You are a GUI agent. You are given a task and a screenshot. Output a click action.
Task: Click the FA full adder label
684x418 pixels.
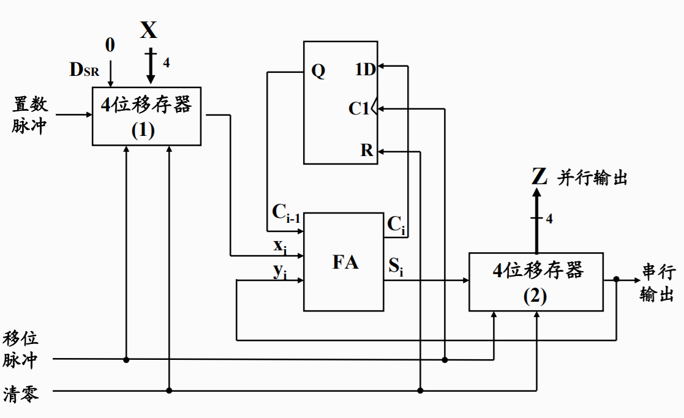point(345,262)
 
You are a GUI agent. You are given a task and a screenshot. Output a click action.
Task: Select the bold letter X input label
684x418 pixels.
point(148,30)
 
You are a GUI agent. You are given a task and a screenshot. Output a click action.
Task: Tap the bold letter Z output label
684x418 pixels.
point(539,177)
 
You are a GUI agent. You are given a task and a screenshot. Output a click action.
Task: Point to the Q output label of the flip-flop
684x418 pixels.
point(318,72)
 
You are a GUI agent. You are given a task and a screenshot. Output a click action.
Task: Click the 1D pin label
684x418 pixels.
point(365,69)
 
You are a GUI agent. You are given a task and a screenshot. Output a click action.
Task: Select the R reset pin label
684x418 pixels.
point(367,151)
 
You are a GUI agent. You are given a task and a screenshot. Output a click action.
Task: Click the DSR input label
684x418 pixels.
point(84,70)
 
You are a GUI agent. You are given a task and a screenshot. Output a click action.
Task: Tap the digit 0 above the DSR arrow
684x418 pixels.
point(110,45)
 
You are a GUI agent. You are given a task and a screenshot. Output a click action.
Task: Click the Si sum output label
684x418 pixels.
point(396,266)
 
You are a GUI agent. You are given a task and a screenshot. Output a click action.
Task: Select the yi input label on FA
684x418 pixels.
point(280,271)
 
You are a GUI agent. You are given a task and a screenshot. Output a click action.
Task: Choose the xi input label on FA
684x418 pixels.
point(280,247)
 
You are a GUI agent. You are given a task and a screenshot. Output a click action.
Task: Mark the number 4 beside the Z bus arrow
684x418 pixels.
point(549,218)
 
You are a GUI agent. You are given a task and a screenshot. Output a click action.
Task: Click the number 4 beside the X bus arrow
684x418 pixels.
point(166,62)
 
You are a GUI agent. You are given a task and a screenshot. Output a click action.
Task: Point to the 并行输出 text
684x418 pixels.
point(592,179)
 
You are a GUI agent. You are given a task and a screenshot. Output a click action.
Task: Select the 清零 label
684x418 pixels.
point(21,394)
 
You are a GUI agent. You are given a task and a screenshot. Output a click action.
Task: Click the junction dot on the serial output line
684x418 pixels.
point(617,279)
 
